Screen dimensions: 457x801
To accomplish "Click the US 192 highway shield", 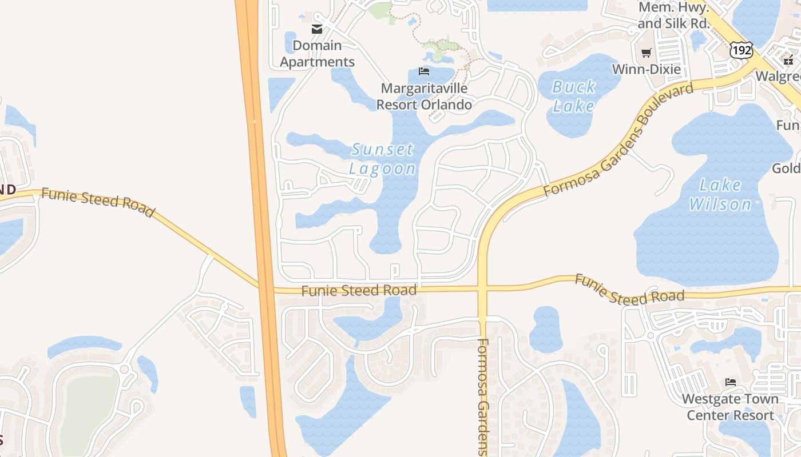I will pyautogui.click(x=741, y=50).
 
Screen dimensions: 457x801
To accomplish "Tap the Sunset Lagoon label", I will pyautogui.click(x=382, y=159).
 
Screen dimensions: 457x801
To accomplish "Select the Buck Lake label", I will pyautogui.click(x=574, y=96).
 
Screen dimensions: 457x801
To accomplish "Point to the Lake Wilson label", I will pyautogui.click(x=720, y=194).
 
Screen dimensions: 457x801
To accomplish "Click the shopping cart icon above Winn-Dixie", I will pyautogui.click(x=647, y=53).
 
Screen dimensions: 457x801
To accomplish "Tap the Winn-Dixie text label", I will pyautogui.click(x=647, y=69).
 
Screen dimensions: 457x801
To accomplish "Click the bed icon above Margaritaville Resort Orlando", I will pyautogui.click(x=424, y=71).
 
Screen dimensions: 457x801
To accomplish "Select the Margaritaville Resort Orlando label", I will pyautogui.click(x=424, y=97).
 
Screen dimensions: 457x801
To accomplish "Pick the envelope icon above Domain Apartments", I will pyautogui.click(x=317, y=29).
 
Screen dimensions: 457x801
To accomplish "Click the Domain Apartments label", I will pyautogui.click(x=317, y=54).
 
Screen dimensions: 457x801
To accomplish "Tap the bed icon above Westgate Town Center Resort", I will pyautogui.click(x=730, y=382).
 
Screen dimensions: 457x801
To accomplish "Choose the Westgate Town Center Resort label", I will pyautogui.click(x=730, y=407).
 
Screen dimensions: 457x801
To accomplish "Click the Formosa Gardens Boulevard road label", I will pyautogui.click(x=619, y=139).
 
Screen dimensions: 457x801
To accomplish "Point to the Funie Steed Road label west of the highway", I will pyautogui.click(x=98, y=202).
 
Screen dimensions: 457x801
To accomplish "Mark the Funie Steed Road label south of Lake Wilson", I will pyautogui.click(x=629, y=289).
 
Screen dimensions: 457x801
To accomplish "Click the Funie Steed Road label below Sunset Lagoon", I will pyautogui.click(x=359, y=291).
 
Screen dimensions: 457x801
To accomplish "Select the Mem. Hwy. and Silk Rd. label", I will pyautogui.click(x=674, y=15).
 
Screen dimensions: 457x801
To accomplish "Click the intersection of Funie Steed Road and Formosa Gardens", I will pyautogui.click(x=482, y=288).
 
